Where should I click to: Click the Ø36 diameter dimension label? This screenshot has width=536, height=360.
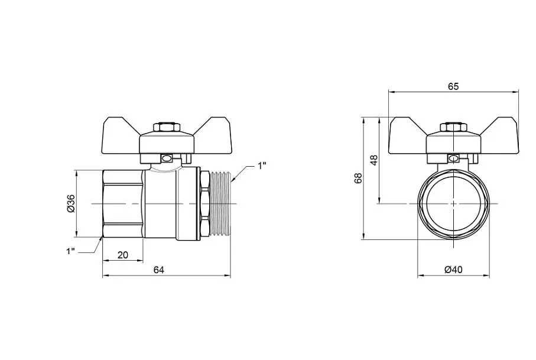pyautogui.click(x=71, y=203)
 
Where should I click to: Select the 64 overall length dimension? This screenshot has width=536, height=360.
pyautogui.click(x=158, y=270)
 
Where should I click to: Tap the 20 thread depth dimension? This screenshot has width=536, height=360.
pyautogui.click(x=123, y=255)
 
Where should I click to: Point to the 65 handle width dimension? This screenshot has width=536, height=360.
pyautogui.click(x=453, y=87)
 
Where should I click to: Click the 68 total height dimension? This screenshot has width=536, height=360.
pyautogui.click(x=358, y=178)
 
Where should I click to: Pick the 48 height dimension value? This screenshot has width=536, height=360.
pyautogui.click(x=374, y=160)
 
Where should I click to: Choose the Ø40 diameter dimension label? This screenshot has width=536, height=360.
pyautogui.click(x=453, y=270)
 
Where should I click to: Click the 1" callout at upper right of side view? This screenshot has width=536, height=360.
pyautogui.click(x=262, y=166)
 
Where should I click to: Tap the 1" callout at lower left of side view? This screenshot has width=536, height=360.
pyautogui.click(x=70, y=251)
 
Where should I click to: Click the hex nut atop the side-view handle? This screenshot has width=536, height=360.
pyautogui.click(x=167, y=127)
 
